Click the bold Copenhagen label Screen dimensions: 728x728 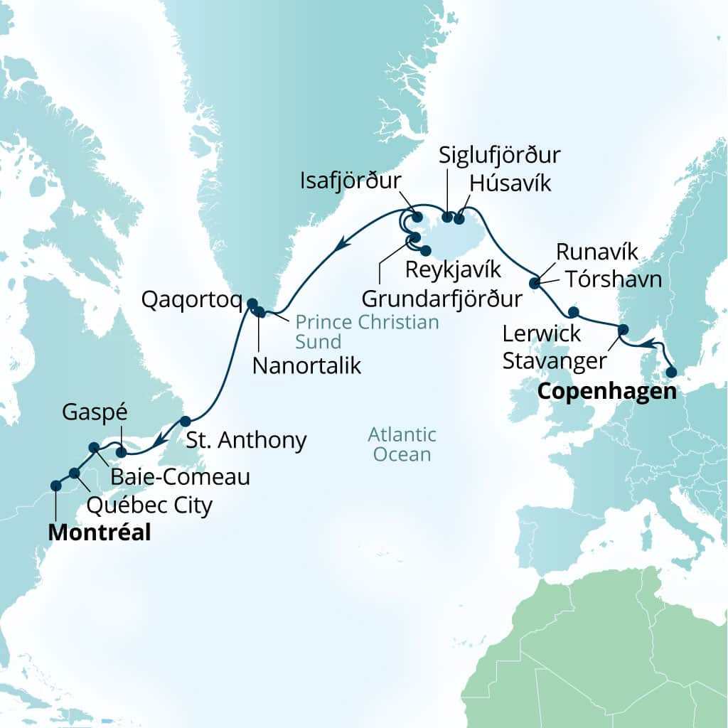pos(606,391)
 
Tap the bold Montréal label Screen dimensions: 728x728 pos(100,532)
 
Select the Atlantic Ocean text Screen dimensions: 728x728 pos(402,444)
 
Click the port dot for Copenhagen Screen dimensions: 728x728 pos(670,371)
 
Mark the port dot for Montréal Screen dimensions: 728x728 pos(55,486)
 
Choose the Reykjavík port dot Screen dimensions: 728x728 pos(425,250)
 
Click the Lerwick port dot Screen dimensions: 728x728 pos(573,311)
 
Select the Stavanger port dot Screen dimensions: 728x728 pos(623,329)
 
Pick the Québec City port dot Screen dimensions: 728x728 pos(74,473)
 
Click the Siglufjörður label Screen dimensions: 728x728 pos(500,156)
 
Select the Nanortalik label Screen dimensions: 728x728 pos(307,366)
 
